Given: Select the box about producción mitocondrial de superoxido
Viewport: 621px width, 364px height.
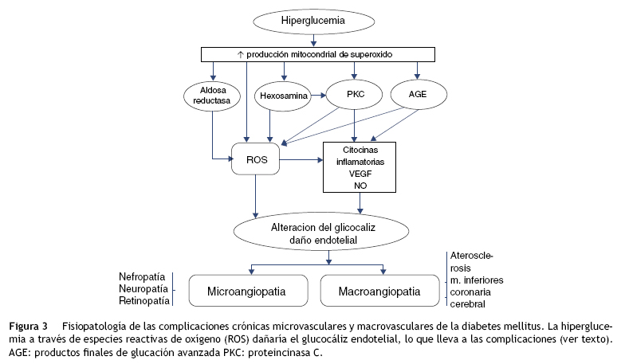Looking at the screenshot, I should pos(318,54).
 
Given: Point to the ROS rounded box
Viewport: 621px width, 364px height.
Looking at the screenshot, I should pos(255,160).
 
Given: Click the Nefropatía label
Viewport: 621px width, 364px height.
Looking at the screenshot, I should pos(144,276).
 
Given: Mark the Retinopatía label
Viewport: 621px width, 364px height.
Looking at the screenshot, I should pos(144,301).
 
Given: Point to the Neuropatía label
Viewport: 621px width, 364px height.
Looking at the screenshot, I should pos(144,288).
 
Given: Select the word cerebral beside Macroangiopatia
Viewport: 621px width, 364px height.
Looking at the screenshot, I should pos(470,304).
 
